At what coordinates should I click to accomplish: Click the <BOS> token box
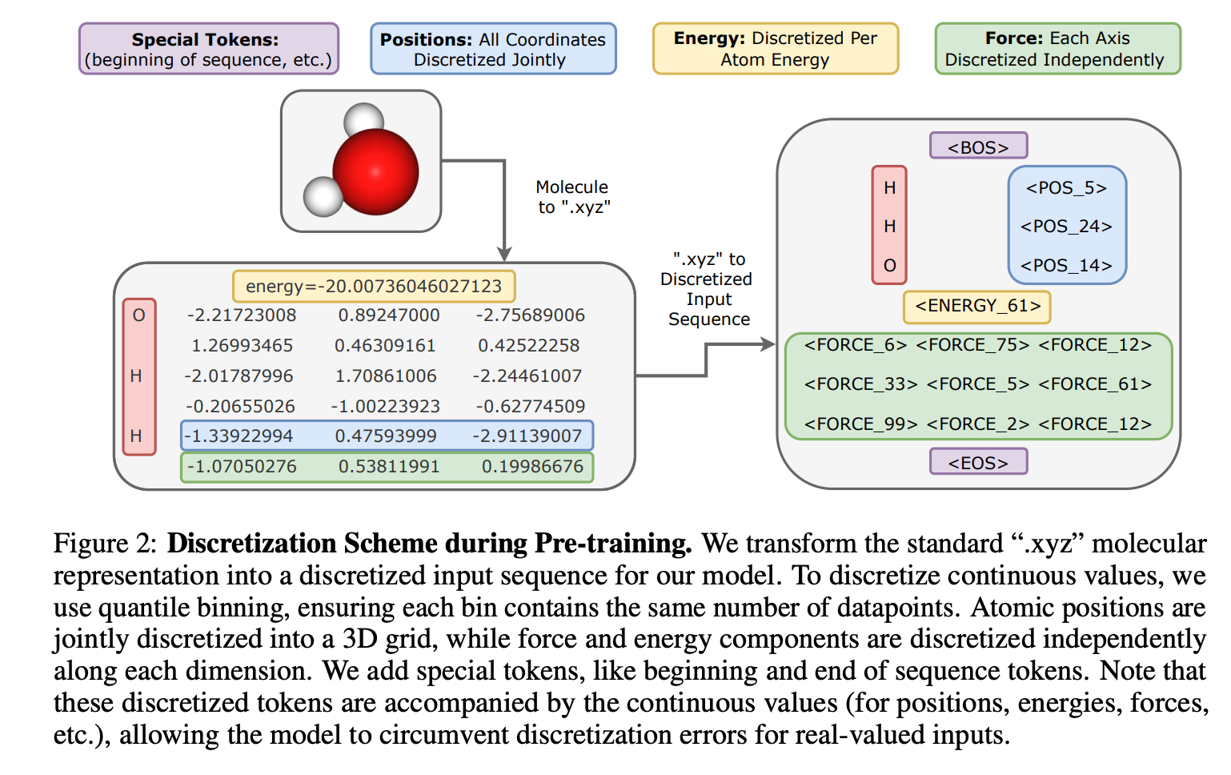(x=978, y=147)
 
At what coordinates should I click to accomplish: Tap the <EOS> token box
(x=978, y=462)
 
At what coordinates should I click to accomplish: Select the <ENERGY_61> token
(x=977, y=306)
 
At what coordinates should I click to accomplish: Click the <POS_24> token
(x=1066, y=226)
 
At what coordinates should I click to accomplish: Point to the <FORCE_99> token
(x=860, y=424)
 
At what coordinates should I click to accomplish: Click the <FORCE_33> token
(x=860, y=383)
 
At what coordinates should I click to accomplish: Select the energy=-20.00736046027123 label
(x=374, y=286)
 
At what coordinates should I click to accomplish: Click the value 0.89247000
(x=389, y=315)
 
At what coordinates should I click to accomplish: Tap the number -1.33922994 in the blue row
(x=239, y=436)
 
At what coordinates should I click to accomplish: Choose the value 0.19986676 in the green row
(x=532, y=466)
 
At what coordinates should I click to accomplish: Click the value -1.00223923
(x=385, y=406)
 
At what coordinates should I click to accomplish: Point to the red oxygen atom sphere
(x=376, y=171)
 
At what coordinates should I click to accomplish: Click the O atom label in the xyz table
(x=139, y=315)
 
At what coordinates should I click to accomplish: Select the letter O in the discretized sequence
(x=890, y=266)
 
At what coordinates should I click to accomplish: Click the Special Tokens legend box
(x=209, y=48)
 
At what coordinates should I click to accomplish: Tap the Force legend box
(x=1058, y=48)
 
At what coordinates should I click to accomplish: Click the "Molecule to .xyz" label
(x=572, y=197)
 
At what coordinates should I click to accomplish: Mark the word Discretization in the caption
(x=251, y=544)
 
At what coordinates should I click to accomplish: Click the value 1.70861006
(x=386, y=375)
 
